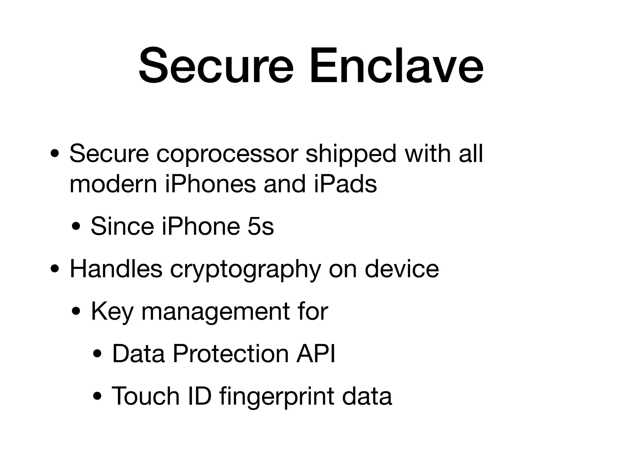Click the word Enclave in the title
tap(396, 66)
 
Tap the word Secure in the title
tap(216, 66)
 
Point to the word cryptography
tap(245, 270)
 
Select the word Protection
tap(231, 353)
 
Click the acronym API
tap(316, 353)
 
